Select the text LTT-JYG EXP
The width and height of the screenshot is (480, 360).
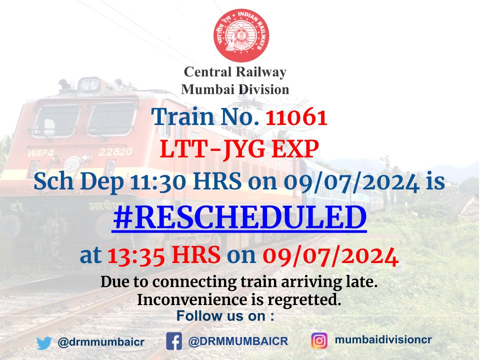point(240,149)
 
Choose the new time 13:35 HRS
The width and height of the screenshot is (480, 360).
point(163,256)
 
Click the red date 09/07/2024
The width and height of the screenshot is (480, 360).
point(330,256)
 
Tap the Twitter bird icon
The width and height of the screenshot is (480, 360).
point(44,343)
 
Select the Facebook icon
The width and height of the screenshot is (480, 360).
point(174,342)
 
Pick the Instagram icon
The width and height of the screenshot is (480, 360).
point(319,341)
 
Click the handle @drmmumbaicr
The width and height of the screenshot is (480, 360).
point(101,343)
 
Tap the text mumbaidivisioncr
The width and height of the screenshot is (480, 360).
point(383,340)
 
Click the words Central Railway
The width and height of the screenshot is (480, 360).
point(235,72)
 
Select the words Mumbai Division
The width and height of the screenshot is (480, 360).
point(235,89)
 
